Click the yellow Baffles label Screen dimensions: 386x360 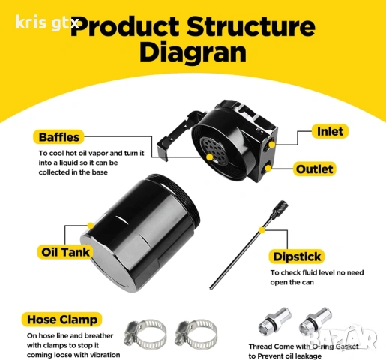coord(58,137)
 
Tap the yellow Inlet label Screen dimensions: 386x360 coord(330,131)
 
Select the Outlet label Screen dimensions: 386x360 coord(314,169)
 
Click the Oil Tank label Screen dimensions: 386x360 coord(65,252)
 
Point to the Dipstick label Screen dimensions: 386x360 coord(297,256)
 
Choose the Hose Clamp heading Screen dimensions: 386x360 coord(62,319)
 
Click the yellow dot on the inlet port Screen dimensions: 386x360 coord(272,145)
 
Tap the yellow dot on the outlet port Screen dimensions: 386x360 coord(268,169)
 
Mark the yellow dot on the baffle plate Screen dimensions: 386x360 coord(210,157)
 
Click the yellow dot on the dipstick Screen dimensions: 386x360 coord(262,230)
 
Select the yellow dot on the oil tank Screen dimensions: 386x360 coord(91,226)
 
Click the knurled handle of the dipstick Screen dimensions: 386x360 coord(280,209)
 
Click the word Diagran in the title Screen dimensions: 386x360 coord(193,52)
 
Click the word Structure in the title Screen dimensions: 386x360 coord(251,26)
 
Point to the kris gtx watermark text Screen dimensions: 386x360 coord(47,22)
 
